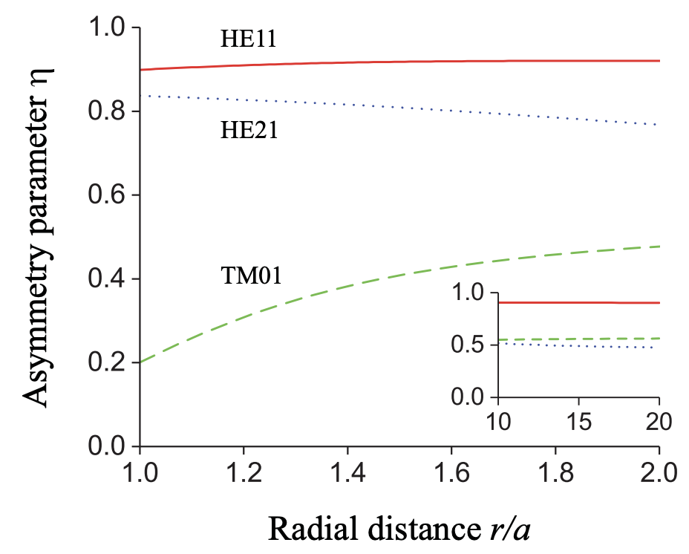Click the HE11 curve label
pyautogui.click(x=248, y=39)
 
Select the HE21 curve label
pyautogui.click(x=248, y=131)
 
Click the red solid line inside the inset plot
pyautogui.click(x=579, y=302)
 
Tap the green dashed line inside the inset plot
pyautogui.click(x=579, y=339)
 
